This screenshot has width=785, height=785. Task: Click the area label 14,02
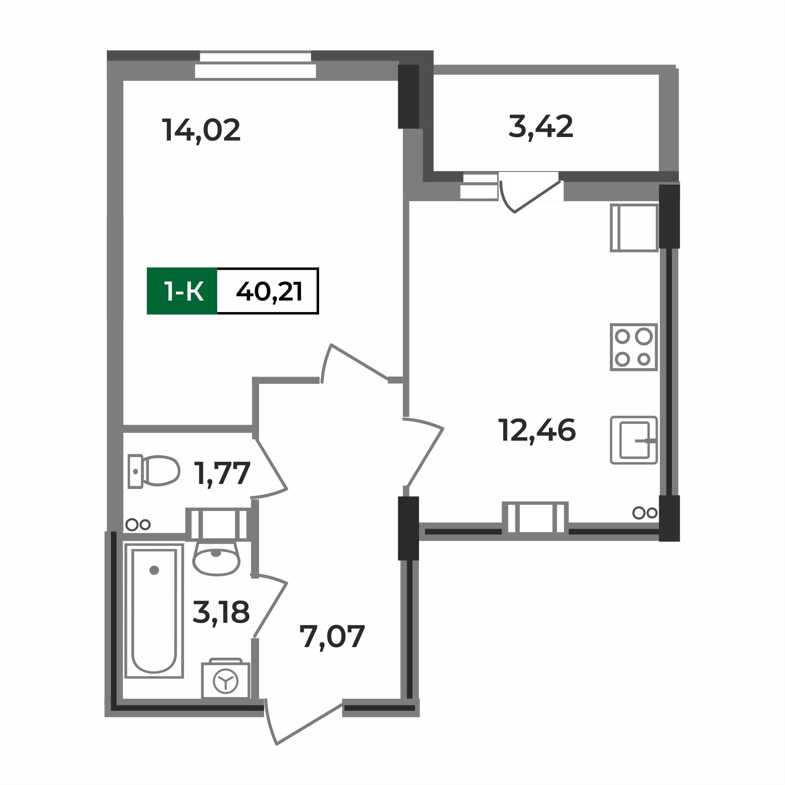(x=202, y=130)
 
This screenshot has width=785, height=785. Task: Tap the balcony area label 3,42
(x=541, y=126)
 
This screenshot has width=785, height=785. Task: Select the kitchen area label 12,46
(x=537, y=431)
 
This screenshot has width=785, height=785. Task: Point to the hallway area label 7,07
(x=332, y=637)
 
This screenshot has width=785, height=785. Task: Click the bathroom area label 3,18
(x=221, y=612)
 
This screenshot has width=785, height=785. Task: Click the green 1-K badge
(x=182, y=292)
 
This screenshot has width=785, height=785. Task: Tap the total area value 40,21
(x=268, y=292)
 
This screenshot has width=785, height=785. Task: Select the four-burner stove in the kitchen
(x=633, y=347)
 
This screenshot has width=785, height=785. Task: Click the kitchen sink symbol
(x=633, y=440)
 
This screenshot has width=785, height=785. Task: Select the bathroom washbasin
(x=216, y=559)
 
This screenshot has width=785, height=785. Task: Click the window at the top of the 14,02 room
(x=255, y=64)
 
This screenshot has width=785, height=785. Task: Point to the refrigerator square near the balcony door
(x=634, y=227)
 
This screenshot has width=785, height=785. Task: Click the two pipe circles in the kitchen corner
(x=645, y=513)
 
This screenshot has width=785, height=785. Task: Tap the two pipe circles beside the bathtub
(x=138, y=525)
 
